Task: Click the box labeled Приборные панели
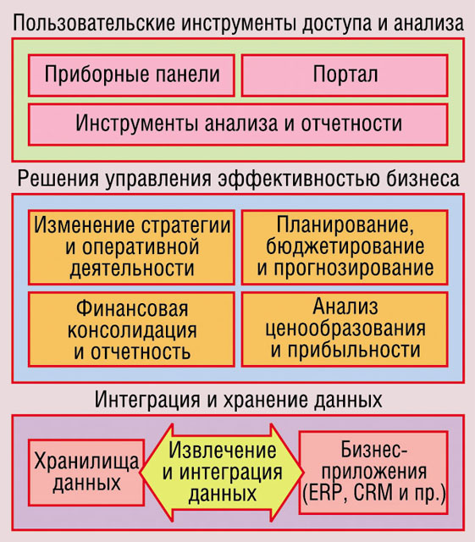[x=131, y=75]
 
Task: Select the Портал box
[x=345, y=75]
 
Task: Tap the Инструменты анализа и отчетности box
[x=238, y=124]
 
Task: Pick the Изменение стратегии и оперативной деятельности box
[x=131, y=247]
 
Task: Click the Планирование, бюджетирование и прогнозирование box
[x=345, y=247]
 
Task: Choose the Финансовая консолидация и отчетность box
[x=131, y=329]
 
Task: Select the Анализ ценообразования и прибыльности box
[x=345, y=329]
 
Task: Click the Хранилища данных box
[x=86, y=473]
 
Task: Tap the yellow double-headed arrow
[x=222, y=473]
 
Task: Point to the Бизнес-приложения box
[x=373, y=473]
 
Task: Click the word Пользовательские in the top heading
[x=94, y=23]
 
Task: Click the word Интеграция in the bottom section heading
[x=147, y=400]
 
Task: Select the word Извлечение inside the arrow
[x=223, y=451]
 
